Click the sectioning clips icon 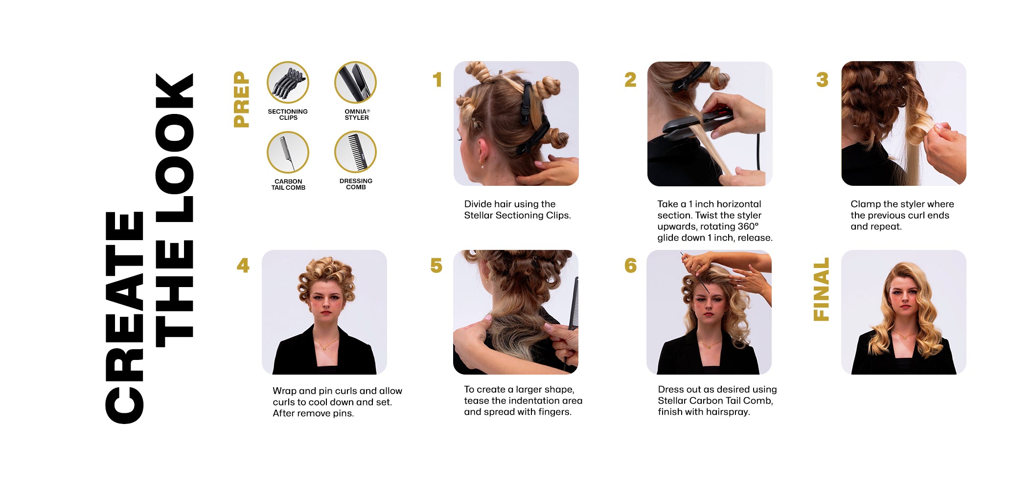pyautogui.click(x=288, y=82)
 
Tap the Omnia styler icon pyautogui.click(x=355, y=82)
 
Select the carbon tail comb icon pyautogui.click(x=288, y=152)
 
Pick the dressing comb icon pyautogui.click(x=355, y=152)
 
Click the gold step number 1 pyautogui.click(x=437, y=80)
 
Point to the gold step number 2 pyautogui.click(x=630, y=80)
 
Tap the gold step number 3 pyautogui.click(x=822, y=80)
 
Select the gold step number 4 pyautogui.click(x=243, y=266)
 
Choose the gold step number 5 pyautogui.click(x=436, y=266)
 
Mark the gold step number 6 pyautogui.click(x=630, y=266)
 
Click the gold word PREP pyautogui.click(x=242, y=99)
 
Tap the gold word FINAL pyautogui.click(x=821, y=289)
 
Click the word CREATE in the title pyautogui.click(x=124, y=318)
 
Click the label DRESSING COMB pyautogui.click(x=356, y=184)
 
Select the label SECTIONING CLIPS pyautogui.click(x=288, y=114)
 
